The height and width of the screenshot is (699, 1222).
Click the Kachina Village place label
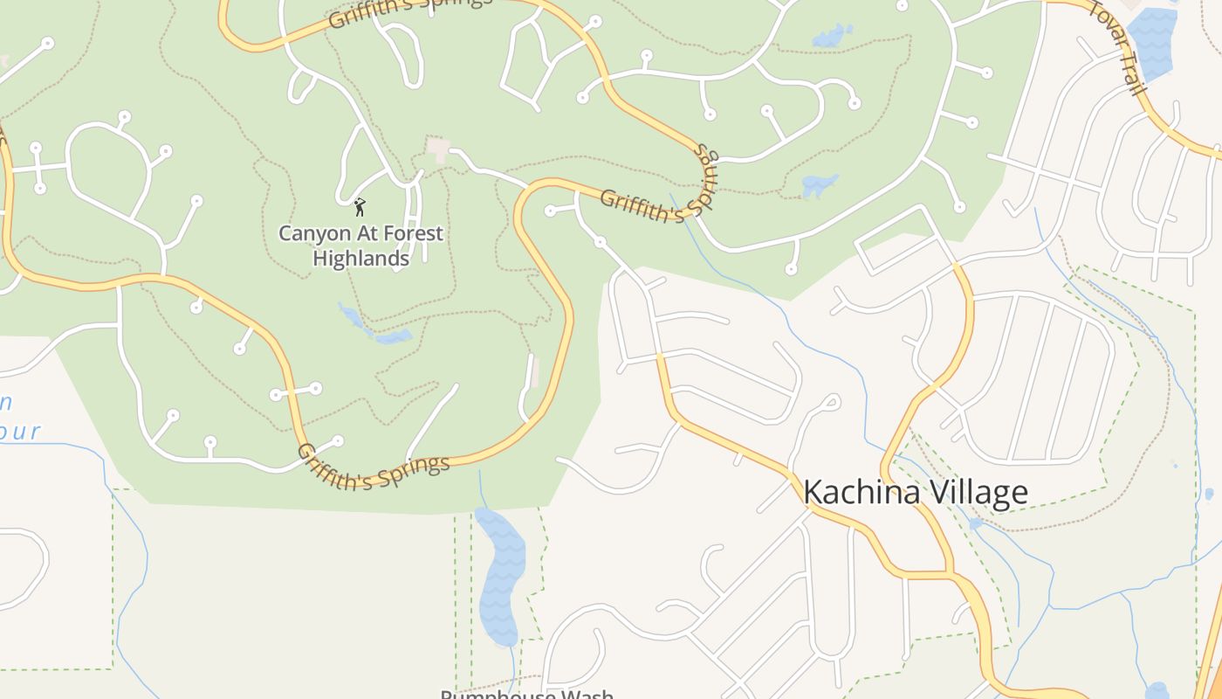[x=915, y=493]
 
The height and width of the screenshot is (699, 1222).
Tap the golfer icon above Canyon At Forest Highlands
[x=360, y=207]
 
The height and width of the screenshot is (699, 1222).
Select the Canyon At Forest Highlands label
[x=360, y=246]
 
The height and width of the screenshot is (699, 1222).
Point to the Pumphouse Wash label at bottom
[x=526, y=695]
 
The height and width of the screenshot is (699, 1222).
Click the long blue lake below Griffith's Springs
[x=500, y=577]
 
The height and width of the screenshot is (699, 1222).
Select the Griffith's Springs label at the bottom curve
[x=374, y=467]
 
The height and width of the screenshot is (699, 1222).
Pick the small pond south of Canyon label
[x=375, y=327]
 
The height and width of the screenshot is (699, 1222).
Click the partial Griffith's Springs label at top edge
[x=409, y=10]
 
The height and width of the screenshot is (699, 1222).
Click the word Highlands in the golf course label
[x=360, y=260]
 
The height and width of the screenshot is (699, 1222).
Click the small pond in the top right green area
[x=833, y=36]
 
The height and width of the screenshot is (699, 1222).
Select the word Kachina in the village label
[x=859, y=493]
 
